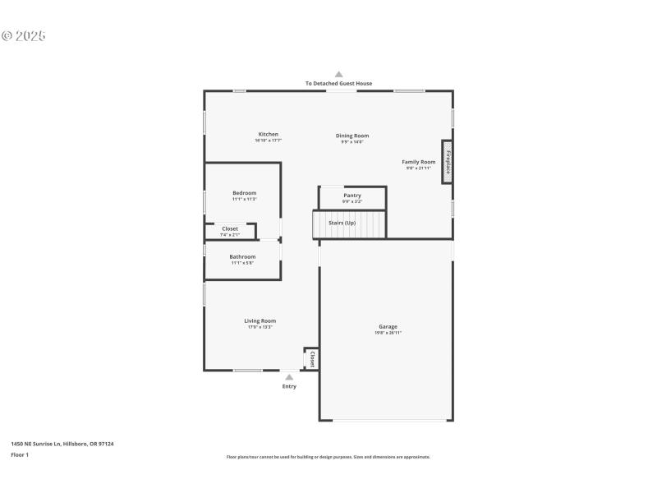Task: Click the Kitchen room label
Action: coord(269,134)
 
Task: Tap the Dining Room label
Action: coord(352,136)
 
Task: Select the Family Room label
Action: coord(418,162)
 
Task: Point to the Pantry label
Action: coord(352,196)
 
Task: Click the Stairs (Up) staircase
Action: coord(349,223)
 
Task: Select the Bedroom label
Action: coord(244,193)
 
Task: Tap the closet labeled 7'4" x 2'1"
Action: coord(230,231)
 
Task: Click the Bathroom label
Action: coord(242,257)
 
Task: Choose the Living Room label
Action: coord(260,320)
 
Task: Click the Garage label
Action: coord(388,326)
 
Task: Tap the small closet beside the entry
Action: coord(312,359)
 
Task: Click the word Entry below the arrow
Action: coord(289,386)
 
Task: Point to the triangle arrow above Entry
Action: coord(289,377)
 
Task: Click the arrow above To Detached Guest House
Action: coord(338,74)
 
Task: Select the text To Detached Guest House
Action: coord(338,83)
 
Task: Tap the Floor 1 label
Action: coord(20,454)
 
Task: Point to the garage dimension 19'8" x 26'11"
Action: coord(388,333)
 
